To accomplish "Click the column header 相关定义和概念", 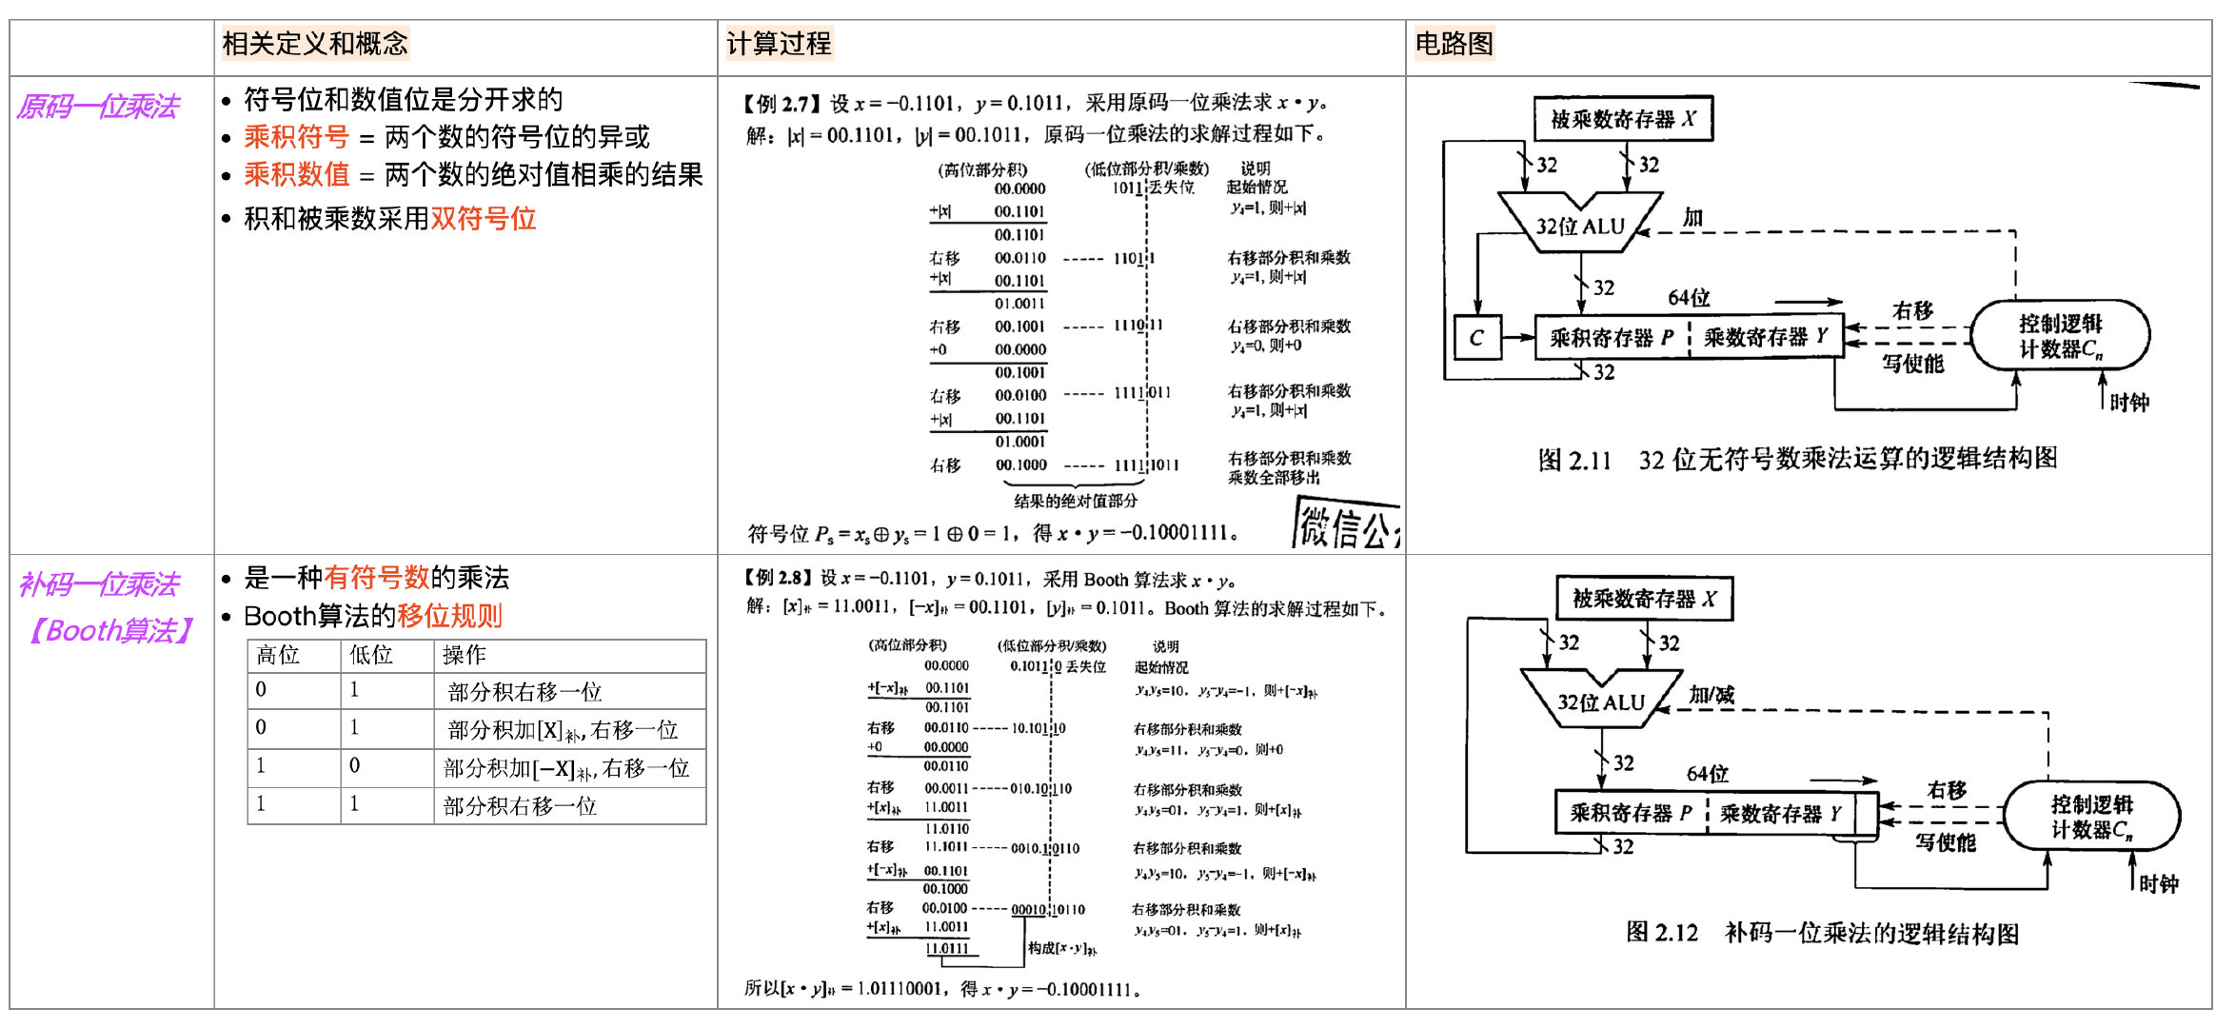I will click(315, 44).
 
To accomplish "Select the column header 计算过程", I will click(779, 44).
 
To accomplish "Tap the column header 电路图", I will click(1454, 44).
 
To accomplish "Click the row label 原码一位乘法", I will click(98, 107).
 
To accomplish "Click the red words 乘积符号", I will click(296, 137).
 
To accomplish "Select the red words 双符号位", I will click(484, 219).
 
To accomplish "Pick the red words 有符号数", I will click(377, 577).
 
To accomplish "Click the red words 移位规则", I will click(449, 616).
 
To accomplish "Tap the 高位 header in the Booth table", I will click(278, 655).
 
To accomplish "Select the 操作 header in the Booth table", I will click(465, 655).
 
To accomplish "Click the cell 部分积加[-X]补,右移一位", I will click(565, 768).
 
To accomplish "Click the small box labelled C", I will click(1476, 338).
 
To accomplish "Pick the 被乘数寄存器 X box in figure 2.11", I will click(1623, 119).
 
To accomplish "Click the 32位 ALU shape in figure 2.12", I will click(1601, 701).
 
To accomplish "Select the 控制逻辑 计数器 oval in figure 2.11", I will click(2060, 336).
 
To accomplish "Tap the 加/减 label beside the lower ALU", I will click(1711, 695).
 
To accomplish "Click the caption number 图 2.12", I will click(1662, 933).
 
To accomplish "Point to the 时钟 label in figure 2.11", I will click(2128, 403).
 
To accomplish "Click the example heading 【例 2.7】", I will click(782, 104).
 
